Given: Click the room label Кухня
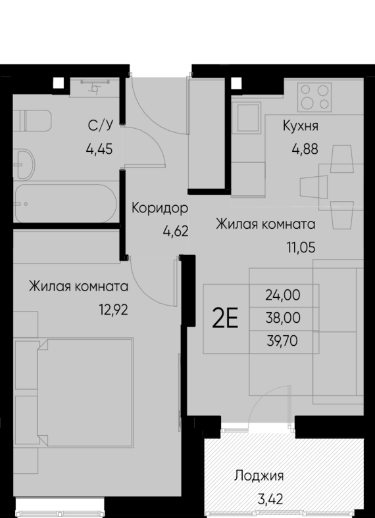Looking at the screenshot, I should [x=301, y=126].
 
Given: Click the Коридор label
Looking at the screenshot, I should [x=160, y=209].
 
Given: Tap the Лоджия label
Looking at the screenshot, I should [x=259, y=476].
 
